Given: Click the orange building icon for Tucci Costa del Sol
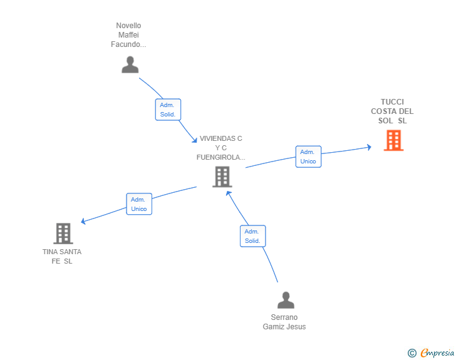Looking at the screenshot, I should (x=393, y=140).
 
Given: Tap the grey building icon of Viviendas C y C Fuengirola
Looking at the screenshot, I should (x=222, y=177).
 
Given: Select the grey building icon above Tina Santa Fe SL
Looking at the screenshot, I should (x=63, y=234).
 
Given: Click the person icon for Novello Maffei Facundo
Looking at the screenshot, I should (x=130, y=64).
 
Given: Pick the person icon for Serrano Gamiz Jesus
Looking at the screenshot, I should (x=286, y=300).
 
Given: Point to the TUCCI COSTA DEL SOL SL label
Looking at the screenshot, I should (x=392, y=111).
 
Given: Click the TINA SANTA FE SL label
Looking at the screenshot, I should (x=62, y=257).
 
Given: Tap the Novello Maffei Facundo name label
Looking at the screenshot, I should (x=128, y=35).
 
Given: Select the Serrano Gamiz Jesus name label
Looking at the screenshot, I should (x=284, y=322).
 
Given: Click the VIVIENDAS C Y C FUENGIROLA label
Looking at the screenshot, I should (x=220, y=148).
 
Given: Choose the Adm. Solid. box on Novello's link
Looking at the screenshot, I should (x=168, y=110).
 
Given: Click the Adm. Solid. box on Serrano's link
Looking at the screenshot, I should (x=252, y=236).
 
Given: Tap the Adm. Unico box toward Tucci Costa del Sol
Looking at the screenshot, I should (x=308, y=157).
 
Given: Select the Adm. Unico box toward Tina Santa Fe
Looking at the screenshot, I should (x=139, y=204).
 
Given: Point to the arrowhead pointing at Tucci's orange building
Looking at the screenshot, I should (x=369, y=148).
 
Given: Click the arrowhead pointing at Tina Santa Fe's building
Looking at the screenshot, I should (x=84, y=221).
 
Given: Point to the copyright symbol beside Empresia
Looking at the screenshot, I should (x=412, y=354).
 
